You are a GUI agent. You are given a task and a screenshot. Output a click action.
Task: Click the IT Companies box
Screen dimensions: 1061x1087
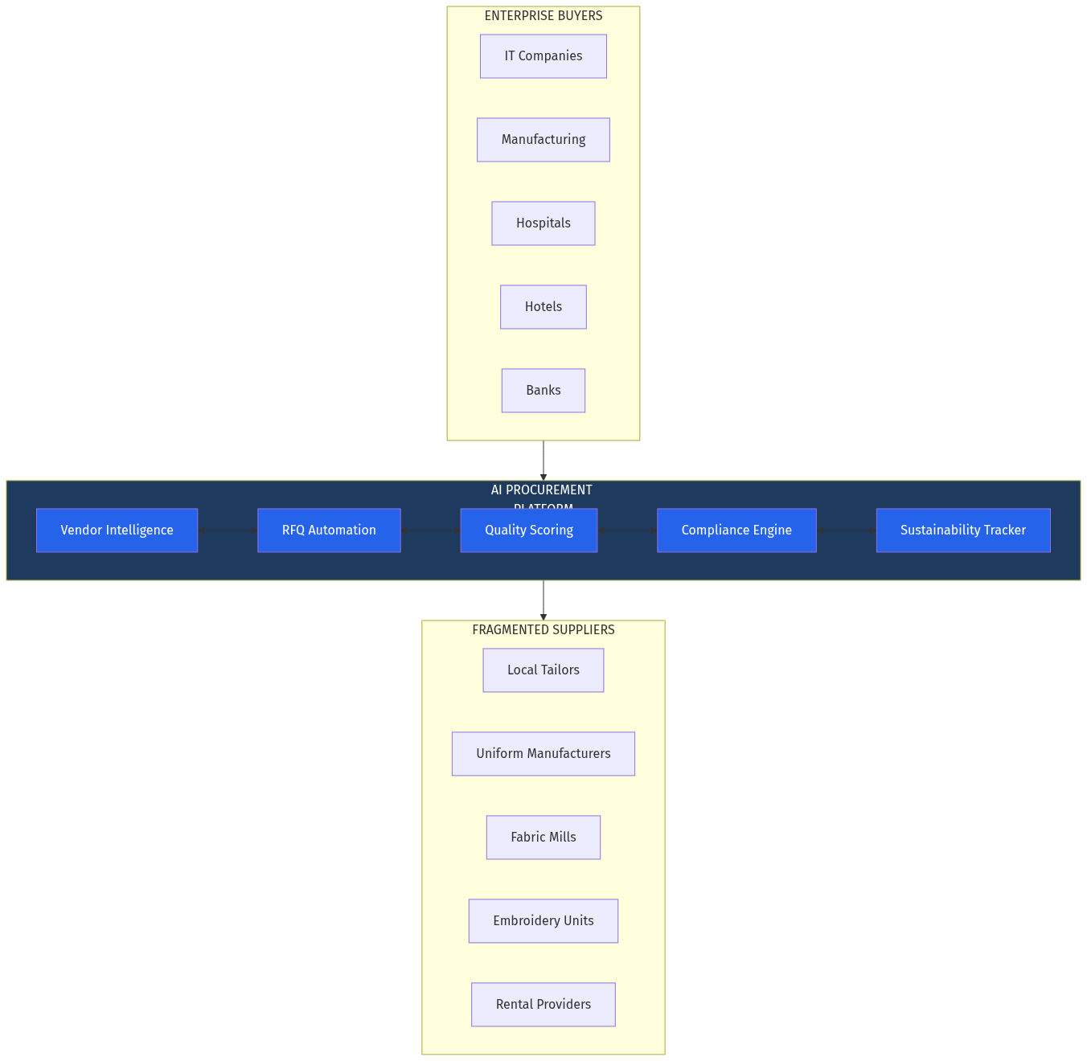click(x=543, y=56)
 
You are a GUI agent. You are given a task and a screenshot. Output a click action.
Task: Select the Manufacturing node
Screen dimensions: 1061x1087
click(x=543, y=140)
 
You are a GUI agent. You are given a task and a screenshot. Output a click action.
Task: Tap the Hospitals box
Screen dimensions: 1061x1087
click(x=543, y=223)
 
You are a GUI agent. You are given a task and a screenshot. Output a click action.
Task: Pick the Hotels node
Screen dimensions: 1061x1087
click(x=543, y=307)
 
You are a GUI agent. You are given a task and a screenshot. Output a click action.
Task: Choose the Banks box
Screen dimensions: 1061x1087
click(x=543, y=391)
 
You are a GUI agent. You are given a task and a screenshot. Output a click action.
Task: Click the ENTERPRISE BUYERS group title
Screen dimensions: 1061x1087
click(x=543, y=16)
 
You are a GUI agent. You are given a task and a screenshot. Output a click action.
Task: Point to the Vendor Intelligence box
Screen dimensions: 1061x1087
click(x=117, y=530)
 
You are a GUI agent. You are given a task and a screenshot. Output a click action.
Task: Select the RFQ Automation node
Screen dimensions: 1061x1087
click(x=329, y=530)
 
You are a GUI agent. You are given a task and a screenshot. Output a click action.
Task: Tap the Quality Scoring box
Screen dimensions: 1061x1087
click(x=529, y=530)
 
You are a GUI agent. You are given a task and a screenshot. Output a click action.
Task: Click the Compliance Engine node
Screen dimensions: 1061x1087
click(x=736, y=530)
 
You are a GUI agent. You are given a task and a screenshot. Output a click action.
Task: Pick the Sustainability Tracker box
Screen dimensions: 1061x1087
click(x=963, y=530)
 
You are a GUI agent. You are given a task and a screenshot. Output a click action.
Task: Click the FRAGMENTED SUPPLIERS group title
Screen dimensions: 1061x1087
click(x=543, y=630)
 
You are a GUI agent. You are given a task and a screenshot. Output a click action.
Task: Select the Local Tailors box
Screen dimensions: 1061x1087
click(x=543, y=670)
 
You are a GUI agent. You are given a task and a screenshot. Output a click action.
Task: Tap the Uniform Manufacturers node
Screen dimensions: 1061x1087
click(x=543, y=754)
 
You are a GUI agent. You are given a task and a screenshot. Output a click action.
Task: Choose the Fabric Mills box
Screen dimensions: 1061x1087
click(x=543, y=838)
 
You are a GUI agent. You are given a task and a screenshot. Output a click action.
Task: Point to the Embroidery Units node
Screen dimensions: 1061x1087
click(x=543, y=921)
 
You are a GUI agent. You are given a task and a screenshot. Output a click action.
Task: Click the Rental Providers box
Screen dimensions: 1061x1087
click(x=543, y=1005)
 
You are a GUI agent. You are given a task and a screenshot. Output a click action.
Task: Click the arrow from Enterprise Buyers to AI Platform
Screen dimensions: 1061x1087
click(x=543, y=461)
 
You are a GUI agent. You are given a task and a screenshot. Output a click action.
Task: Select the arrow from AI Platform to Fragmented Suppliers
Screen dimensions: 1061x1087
click(x=543, y=600)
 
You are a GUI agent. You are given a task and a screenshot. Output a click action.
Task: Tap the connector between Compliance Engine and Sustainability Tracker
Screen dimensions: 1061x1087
click(x=847, y=530)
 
